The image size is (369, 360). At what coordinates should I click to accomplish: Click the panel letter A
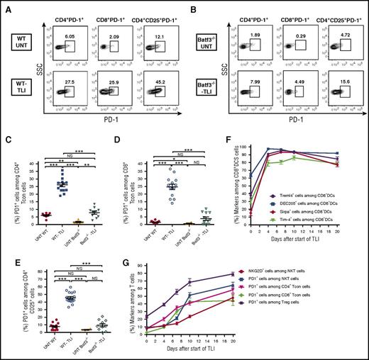pyautogui.click(x=5, y=6)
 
